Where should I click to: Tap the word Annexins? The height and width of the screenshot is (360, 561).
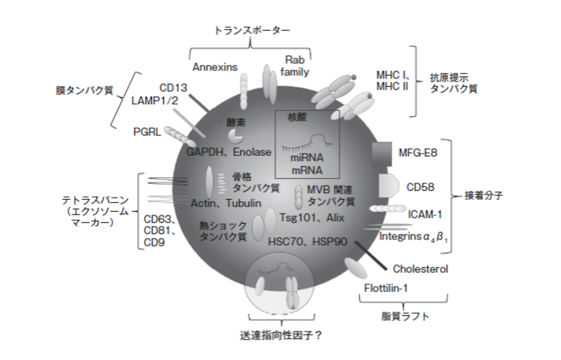tap(215, 67)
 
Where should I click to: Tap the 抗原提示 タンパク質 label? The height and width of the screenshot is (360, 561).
tap(455, 82)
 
